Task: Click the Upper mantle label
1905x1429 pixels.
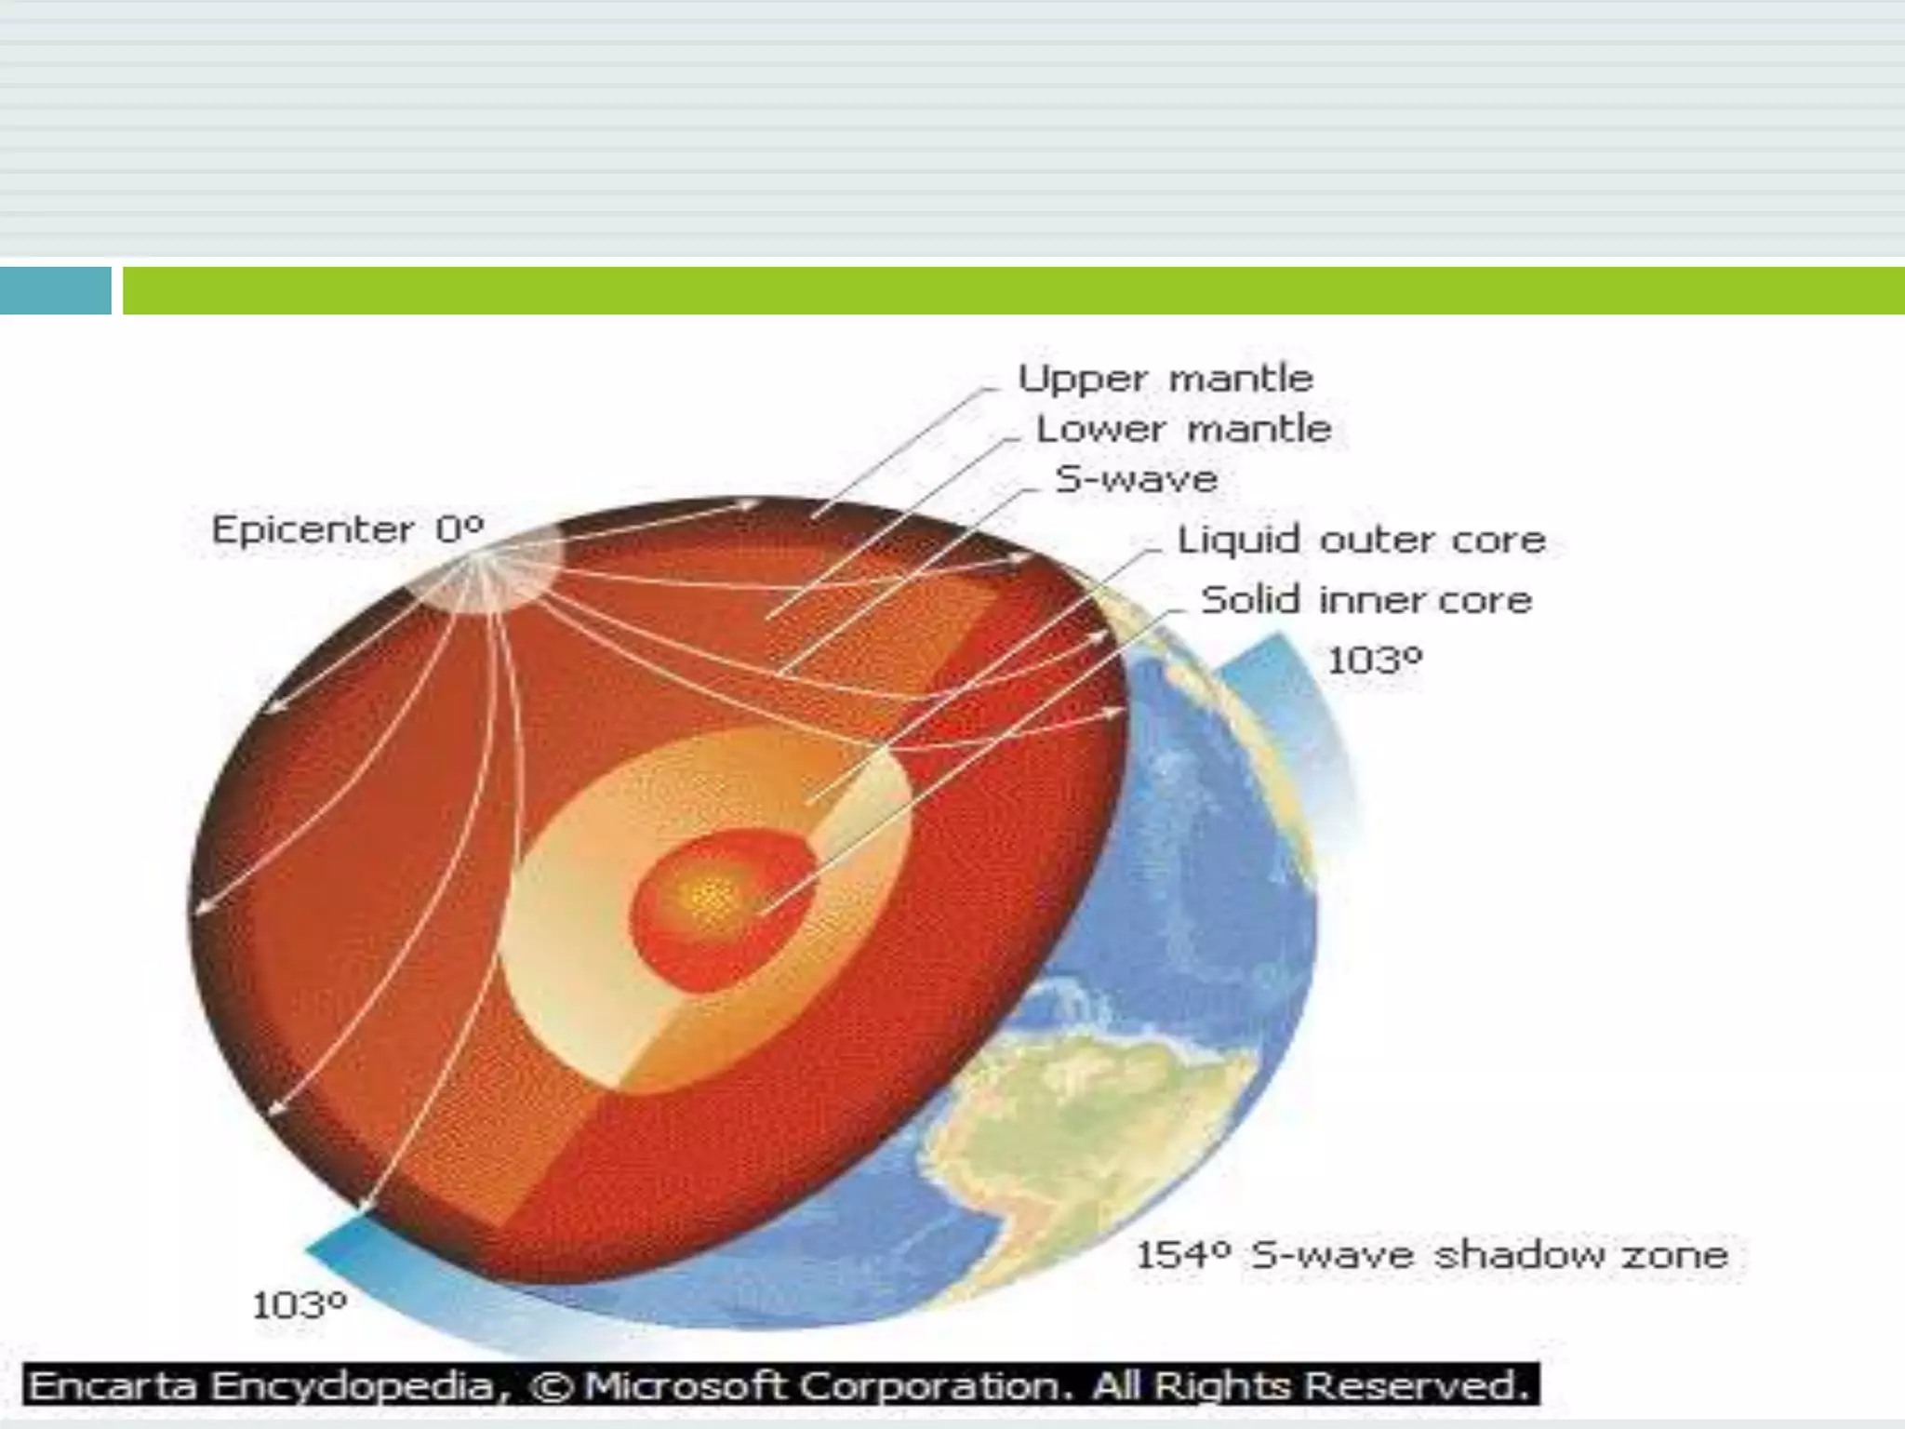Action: coord(1166,379)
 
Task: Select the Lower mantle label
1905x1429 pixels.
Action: coord(1184,429)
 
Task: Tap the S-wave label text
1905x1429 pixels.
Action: coord(1137,479)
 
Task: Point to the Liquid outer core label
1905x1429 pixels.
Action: coord(1362,540)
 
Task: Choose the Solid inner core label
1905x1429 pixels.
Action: coord(1366,600)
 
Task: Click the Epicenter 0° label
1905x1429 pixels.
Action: coord(348,530)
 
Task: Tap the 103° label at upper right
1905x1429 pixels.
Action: coord(1375,661)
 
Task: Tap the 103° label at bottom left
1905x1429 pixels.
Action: coord(300,1305)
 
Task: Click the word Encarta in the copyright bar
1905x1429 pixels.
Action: coord(113,1386)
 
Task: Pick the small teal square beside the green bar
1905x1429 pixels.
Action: coord(55,290)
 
